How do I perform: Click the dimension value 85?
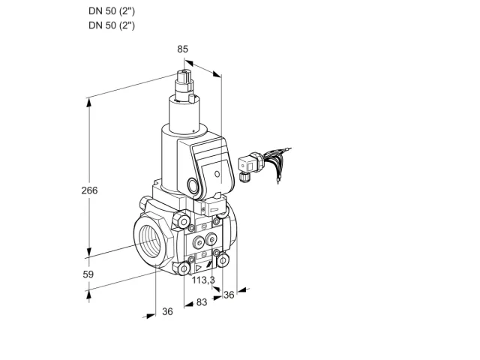(x=182, y=49)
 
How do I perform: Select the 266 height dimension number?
(x=89, y=190)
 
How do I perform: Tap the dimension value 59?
(x=88, y=274)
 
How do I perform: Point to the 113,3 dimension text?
(x=203, y=280)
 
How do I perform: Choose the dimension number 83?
(x=202, y=302)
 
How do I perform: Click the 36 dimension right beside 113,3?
(x=229, y=295)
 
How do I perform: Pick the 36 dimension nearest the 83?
(x=167, y=311)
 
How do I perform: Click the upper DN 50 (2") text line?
(x=112, y=11)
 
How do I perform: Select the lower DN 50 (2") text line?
(x=112, y=25)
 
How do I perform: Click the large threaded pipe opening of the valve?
(x=152, y=243)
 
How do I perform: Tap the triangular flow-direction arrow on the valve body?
(x=198, y=268)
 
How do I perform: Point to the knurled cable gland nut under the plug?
(x=244, y=178)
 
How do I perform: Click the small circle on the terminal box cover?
(x=217, y=174)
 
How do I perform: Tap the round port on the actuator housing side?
(x=193, y=185)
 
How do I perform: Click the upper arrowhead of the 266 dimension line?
(x=89, y=103)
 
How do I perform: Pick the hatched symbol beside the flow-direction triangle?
(x=209, y=265)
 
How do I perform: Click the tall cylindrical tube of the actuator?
(x=184, y=115)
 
